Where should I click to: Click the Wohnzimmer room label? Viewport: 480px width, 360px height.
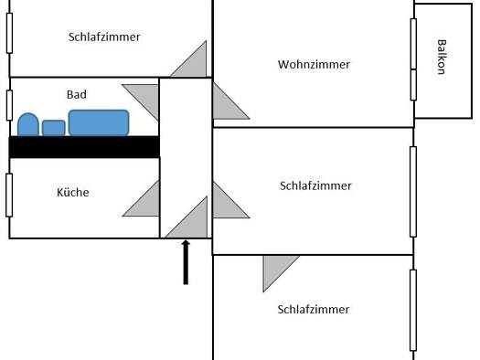click(314, 65)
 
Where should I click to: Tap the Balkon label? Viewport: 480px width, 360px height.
click(441, 57)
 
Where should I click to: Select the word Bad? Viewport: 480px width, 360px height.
click(77, 94)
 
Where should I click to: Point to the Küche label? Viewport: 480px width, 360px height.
click(73, 192)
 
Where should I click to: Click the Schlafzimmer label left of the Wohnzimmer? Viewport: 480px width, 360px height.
click(104, 37)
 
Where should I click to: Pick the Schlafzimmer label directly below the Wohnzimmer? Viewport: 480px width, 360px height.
click(315, 185)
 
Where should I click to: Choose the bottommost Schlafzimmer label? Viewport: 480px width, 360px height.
click(314, 309)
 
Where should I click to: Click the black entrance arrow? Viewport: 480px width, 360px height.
click(186, 262)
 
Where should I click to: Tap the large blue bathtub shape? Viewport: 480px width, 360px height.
click(99, 122)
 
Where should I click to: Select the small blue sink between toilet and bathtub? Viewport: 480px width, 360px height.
click(54, 128)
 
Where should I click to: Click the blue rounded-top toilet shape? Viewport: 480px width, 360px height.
click(28, 124)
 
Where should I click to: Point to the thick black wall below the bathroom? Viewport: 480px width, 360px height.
click(84, 147)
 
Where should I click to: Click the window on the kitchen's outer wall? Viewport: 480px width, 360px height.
click(9, 196)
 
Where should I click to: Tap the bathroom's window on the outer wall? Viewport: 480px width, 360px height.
click(9, 105)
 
